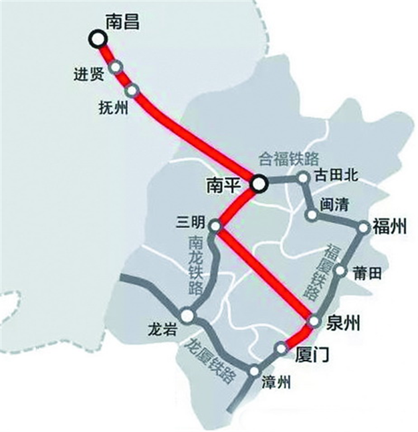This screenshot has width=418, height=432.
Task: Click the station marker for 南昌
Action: point(98,39)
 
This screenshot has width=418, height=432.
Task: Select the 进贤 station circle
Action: point(117,67)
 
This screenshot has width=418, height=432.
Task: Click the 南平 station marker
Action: point(259,182)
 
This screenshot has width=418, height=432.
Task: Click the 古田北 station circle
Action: point(303,178)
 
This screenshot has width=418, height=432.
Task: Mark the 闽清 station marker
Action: point(312,215)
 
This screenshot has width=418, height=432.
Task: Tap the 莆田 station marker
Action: point(340,271)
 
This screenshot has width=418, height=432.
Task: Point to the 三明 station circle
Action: point(215,226)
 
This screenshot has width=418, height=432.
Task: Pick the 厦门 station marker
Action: point(280,348)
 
